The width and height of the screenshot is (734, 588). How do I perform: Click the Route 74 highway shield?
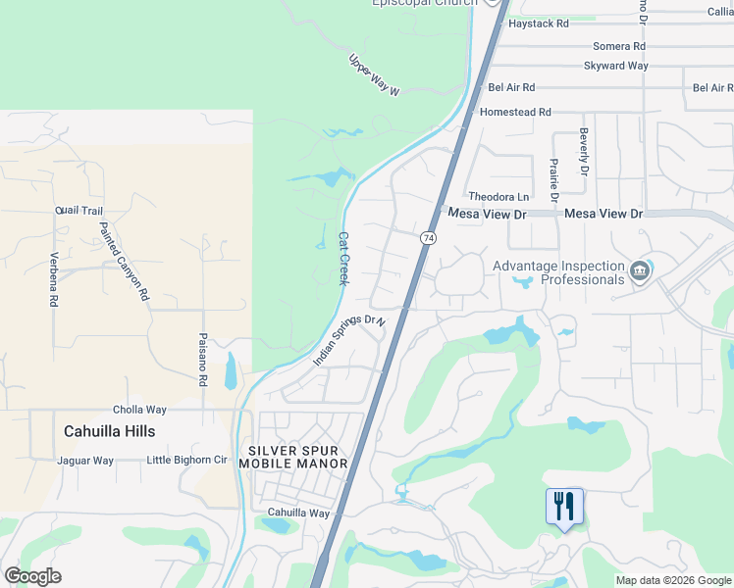coord(428,238)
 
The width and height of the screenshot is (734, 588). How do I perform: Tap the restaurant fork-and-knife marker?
coord(564,507)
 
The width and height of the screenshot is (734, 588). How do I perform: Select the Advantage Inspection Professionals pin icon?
coord(640,269)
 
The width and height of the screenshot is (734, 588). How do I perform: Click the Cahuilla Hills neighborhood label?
coord(110,431)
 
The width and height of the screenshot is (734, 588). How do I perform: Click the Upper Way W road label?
coord(375,75)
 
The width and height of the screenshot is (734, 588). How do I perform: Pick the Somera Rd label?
coord(619,46)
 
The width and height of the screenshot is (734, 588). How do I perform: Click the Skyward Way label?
coord(616,67)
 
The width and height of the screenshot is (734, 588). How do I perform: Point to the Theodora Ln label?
coord(498,197)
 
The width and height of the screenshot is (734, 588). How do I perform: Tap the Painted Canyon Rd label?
coord(124,261)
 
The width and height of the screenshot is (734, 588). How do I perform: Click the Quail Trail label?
coord(79,211)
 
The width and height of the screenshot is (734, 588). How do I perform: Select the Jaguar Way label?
coord(85,461)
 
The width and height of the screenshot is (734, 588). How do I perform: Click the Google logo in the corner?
coord(32,576)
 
